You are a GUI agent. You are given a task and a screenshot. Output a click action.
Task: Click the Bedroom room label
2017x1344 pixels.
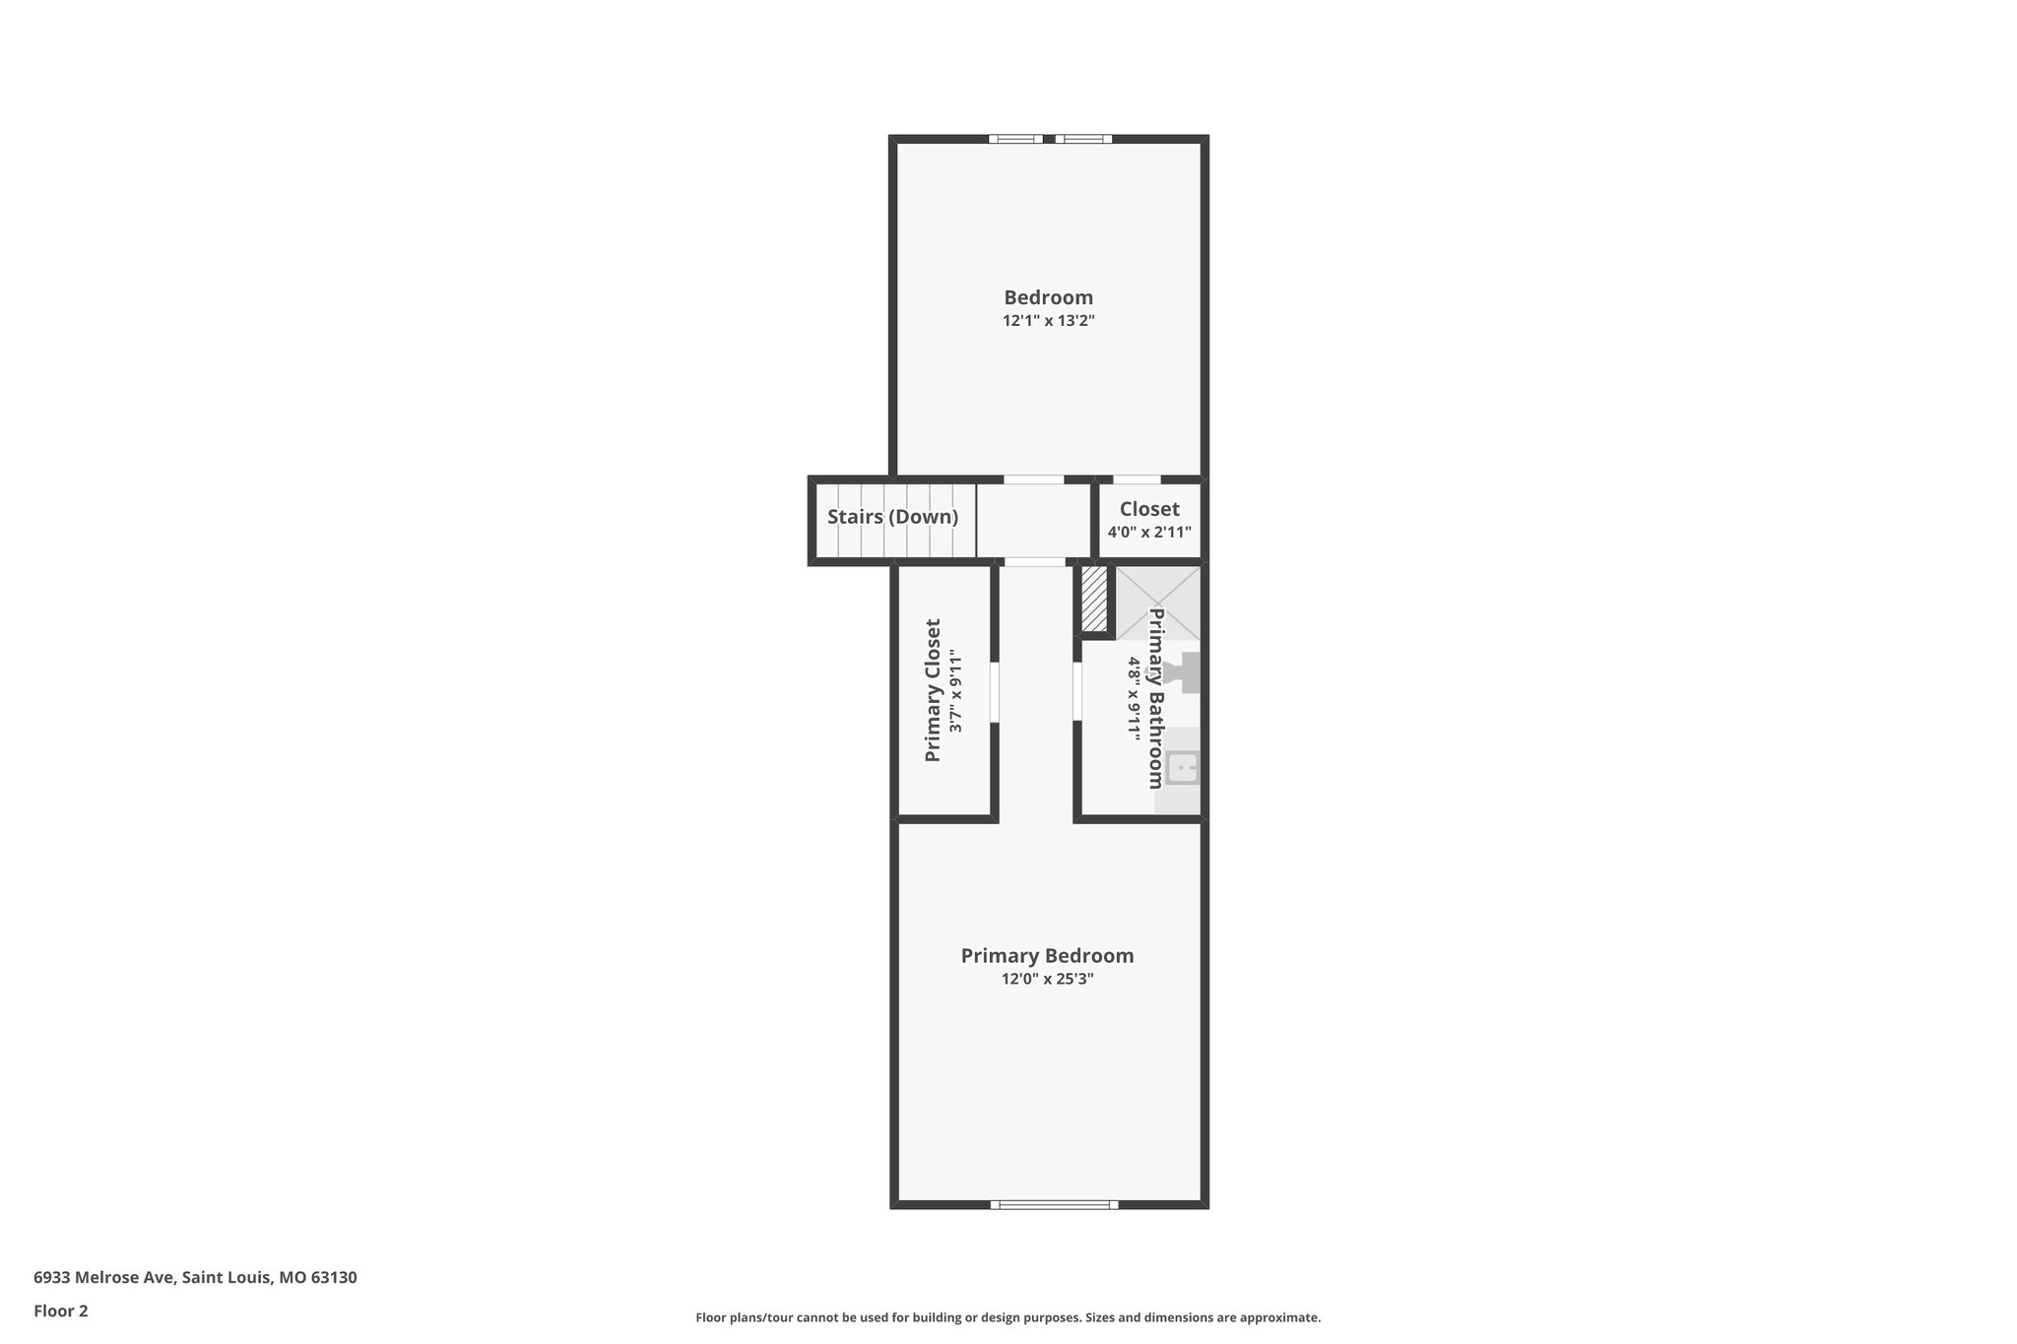(x=1048, y=297)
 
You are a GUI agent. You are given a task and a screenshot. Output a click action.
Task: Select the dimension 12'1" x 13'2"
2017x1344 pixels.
(x=1048, y=321)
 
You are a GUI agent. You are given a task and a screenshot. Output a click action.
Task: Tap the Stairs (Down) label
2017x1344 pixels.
(x=892, y=517)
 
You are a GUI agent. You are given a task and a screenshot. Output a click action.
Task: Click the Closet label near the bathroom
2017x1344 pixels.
(x=1149, y=509)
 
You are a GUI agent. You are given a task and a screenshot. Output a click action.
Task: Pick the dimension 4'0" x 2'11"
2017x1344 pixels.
(x=1149, y=533)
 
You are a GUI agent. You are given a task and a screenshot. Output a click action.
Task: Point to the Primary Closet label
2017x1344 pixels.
(x=933, y=690)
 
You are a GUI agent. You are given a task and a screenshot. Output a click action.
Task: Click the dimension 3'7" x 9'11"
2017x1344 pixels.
(x=955, y=690)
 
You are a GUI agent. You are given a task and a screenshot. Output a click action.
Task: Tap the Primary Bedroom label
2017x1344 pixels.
(x=1047, y=956)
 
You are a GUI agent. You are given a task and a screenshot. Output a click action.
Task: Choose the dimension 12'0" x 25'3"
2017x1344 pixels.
(x=1047, y=980)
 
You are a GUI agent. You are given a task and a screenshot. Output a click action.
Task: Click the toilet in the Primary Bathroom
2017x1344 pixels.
(x=1183, y=673)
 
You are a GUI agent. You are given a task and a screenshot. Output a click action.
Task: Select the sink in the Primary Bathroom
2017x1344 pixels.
(x=1182, y=768)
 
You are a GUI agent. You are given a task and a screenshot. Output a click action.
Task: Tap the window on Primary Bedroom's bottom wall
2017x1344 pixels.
(x=1054, y=1204)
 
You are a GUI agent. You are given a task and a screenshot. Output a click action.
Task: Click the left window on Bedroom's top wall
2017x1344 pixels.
(x=1015, y=139)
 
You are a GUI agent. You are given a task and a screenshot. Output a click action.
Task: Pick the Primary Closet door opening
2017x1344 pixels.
(x=995, y=692)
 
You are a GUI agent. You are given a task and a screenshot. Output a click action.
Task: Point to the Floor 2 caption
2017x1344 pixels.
(x=61, y=1312)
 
